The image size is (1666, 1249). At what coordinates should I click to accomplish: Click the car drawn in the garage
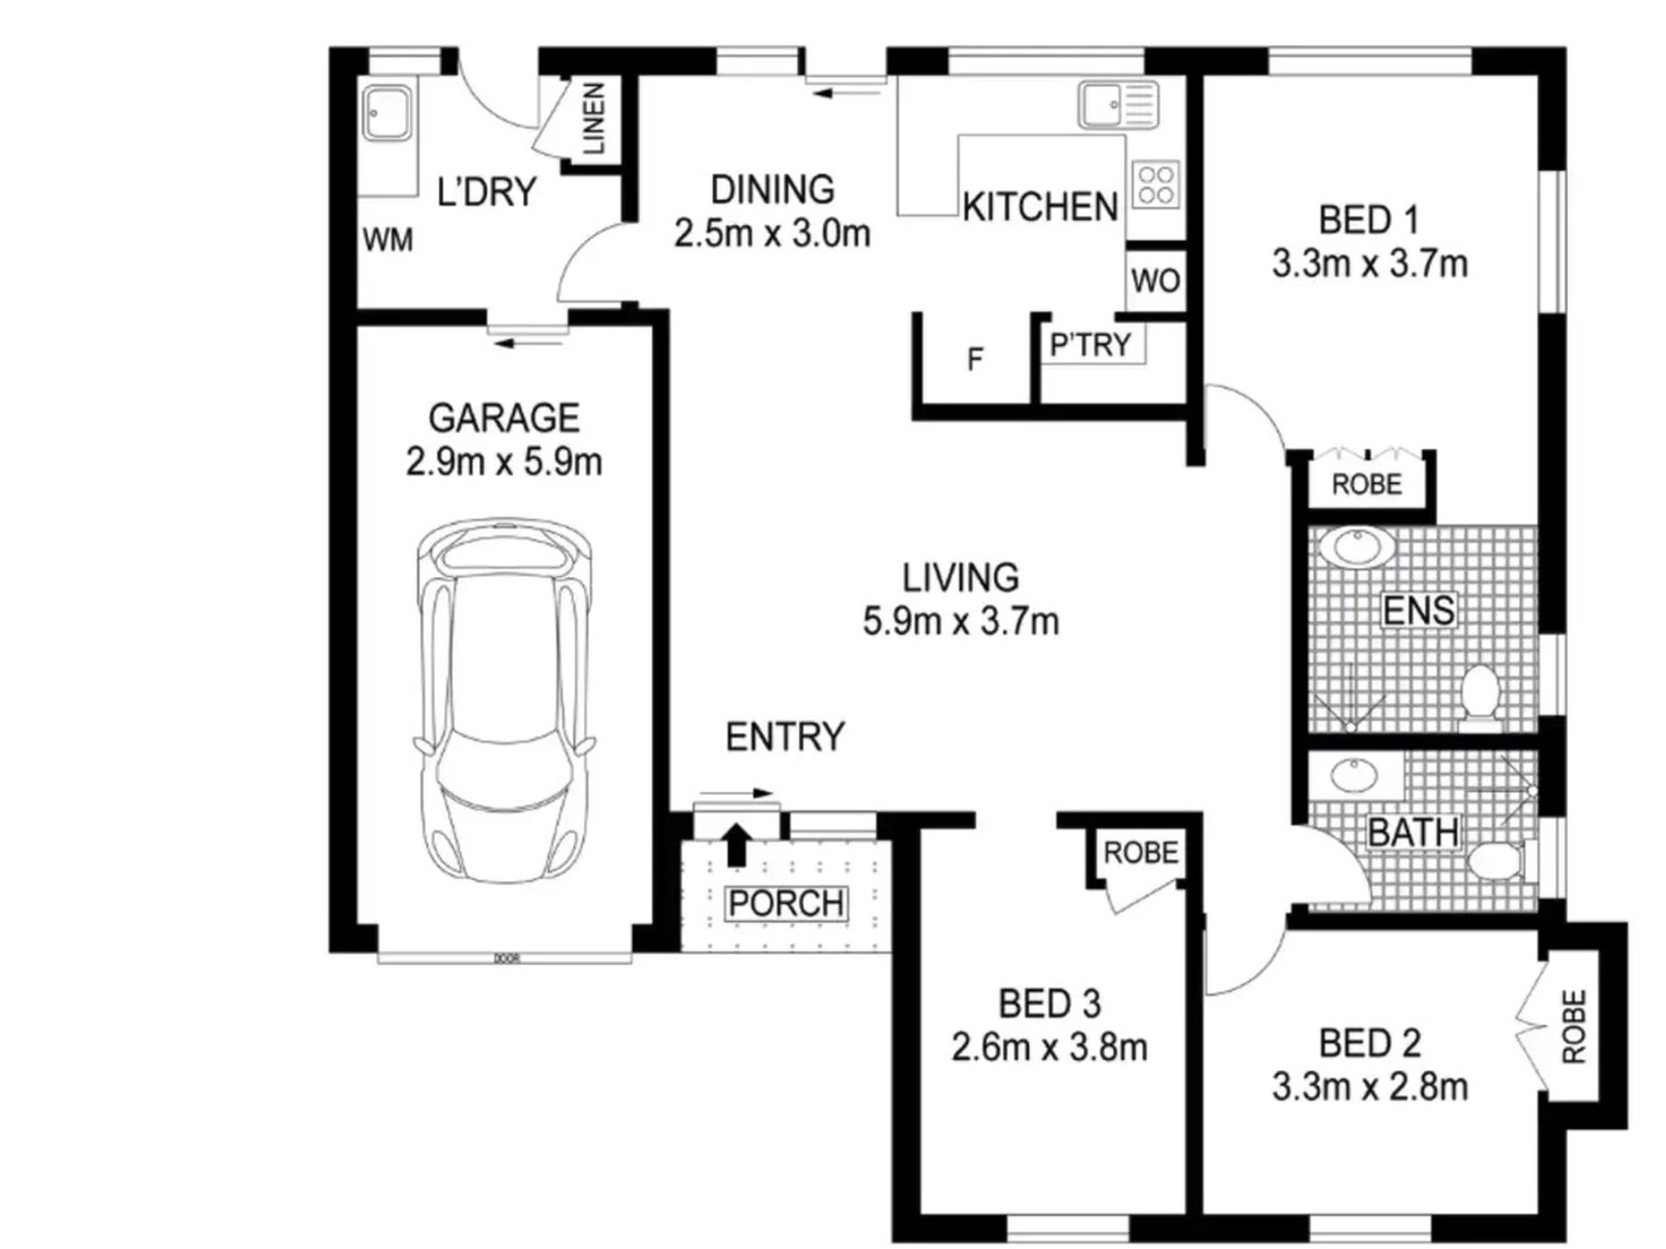pos(504,701)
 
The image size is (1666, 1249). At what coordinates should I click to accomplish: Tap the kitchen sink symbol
pos(1119,104)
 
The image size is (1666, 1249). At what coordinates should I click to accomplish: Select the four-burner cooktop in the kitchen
pos(1155,185)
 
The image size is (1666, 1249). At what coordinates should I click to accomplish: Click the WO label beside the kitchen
pos(1156,281)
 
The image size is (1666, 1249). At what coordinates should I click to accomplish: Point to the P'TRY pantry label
pos(1091,344)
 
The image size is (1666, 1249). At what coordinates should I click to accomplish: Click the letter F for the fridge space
pos(975,358)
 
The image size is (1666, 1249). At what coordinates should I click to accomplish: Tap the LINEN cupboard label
pos(594,119)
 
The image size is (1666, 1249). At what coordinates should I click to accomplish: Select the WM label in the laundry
pos(388,239)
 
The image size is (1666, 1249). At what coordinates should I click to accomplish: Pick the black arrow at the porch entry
pos(737,844)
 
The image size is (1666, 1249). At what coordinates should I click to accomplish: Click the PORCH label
pos(787,904)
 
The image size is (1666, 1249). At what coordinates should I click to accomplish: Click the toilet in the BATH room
pos(1501,862)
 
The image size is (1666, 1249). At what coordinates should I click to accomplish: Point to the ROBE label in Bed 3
pos(1140,853)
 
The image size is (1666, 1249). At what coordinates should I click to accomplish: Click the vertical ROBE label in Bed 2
pos(1575,1026)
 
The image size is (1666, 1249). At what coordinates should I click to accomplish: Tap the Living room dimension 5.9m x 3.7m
pos(961,621)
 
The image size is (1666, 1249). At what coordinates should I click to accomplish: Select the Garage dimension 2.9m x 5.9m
pos(504,462)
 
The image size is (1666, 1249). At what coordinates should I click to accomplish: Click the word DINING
pos(772,190)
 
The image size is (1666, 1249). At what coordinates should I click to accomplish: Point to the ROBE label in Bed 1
pos(1366,485)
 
